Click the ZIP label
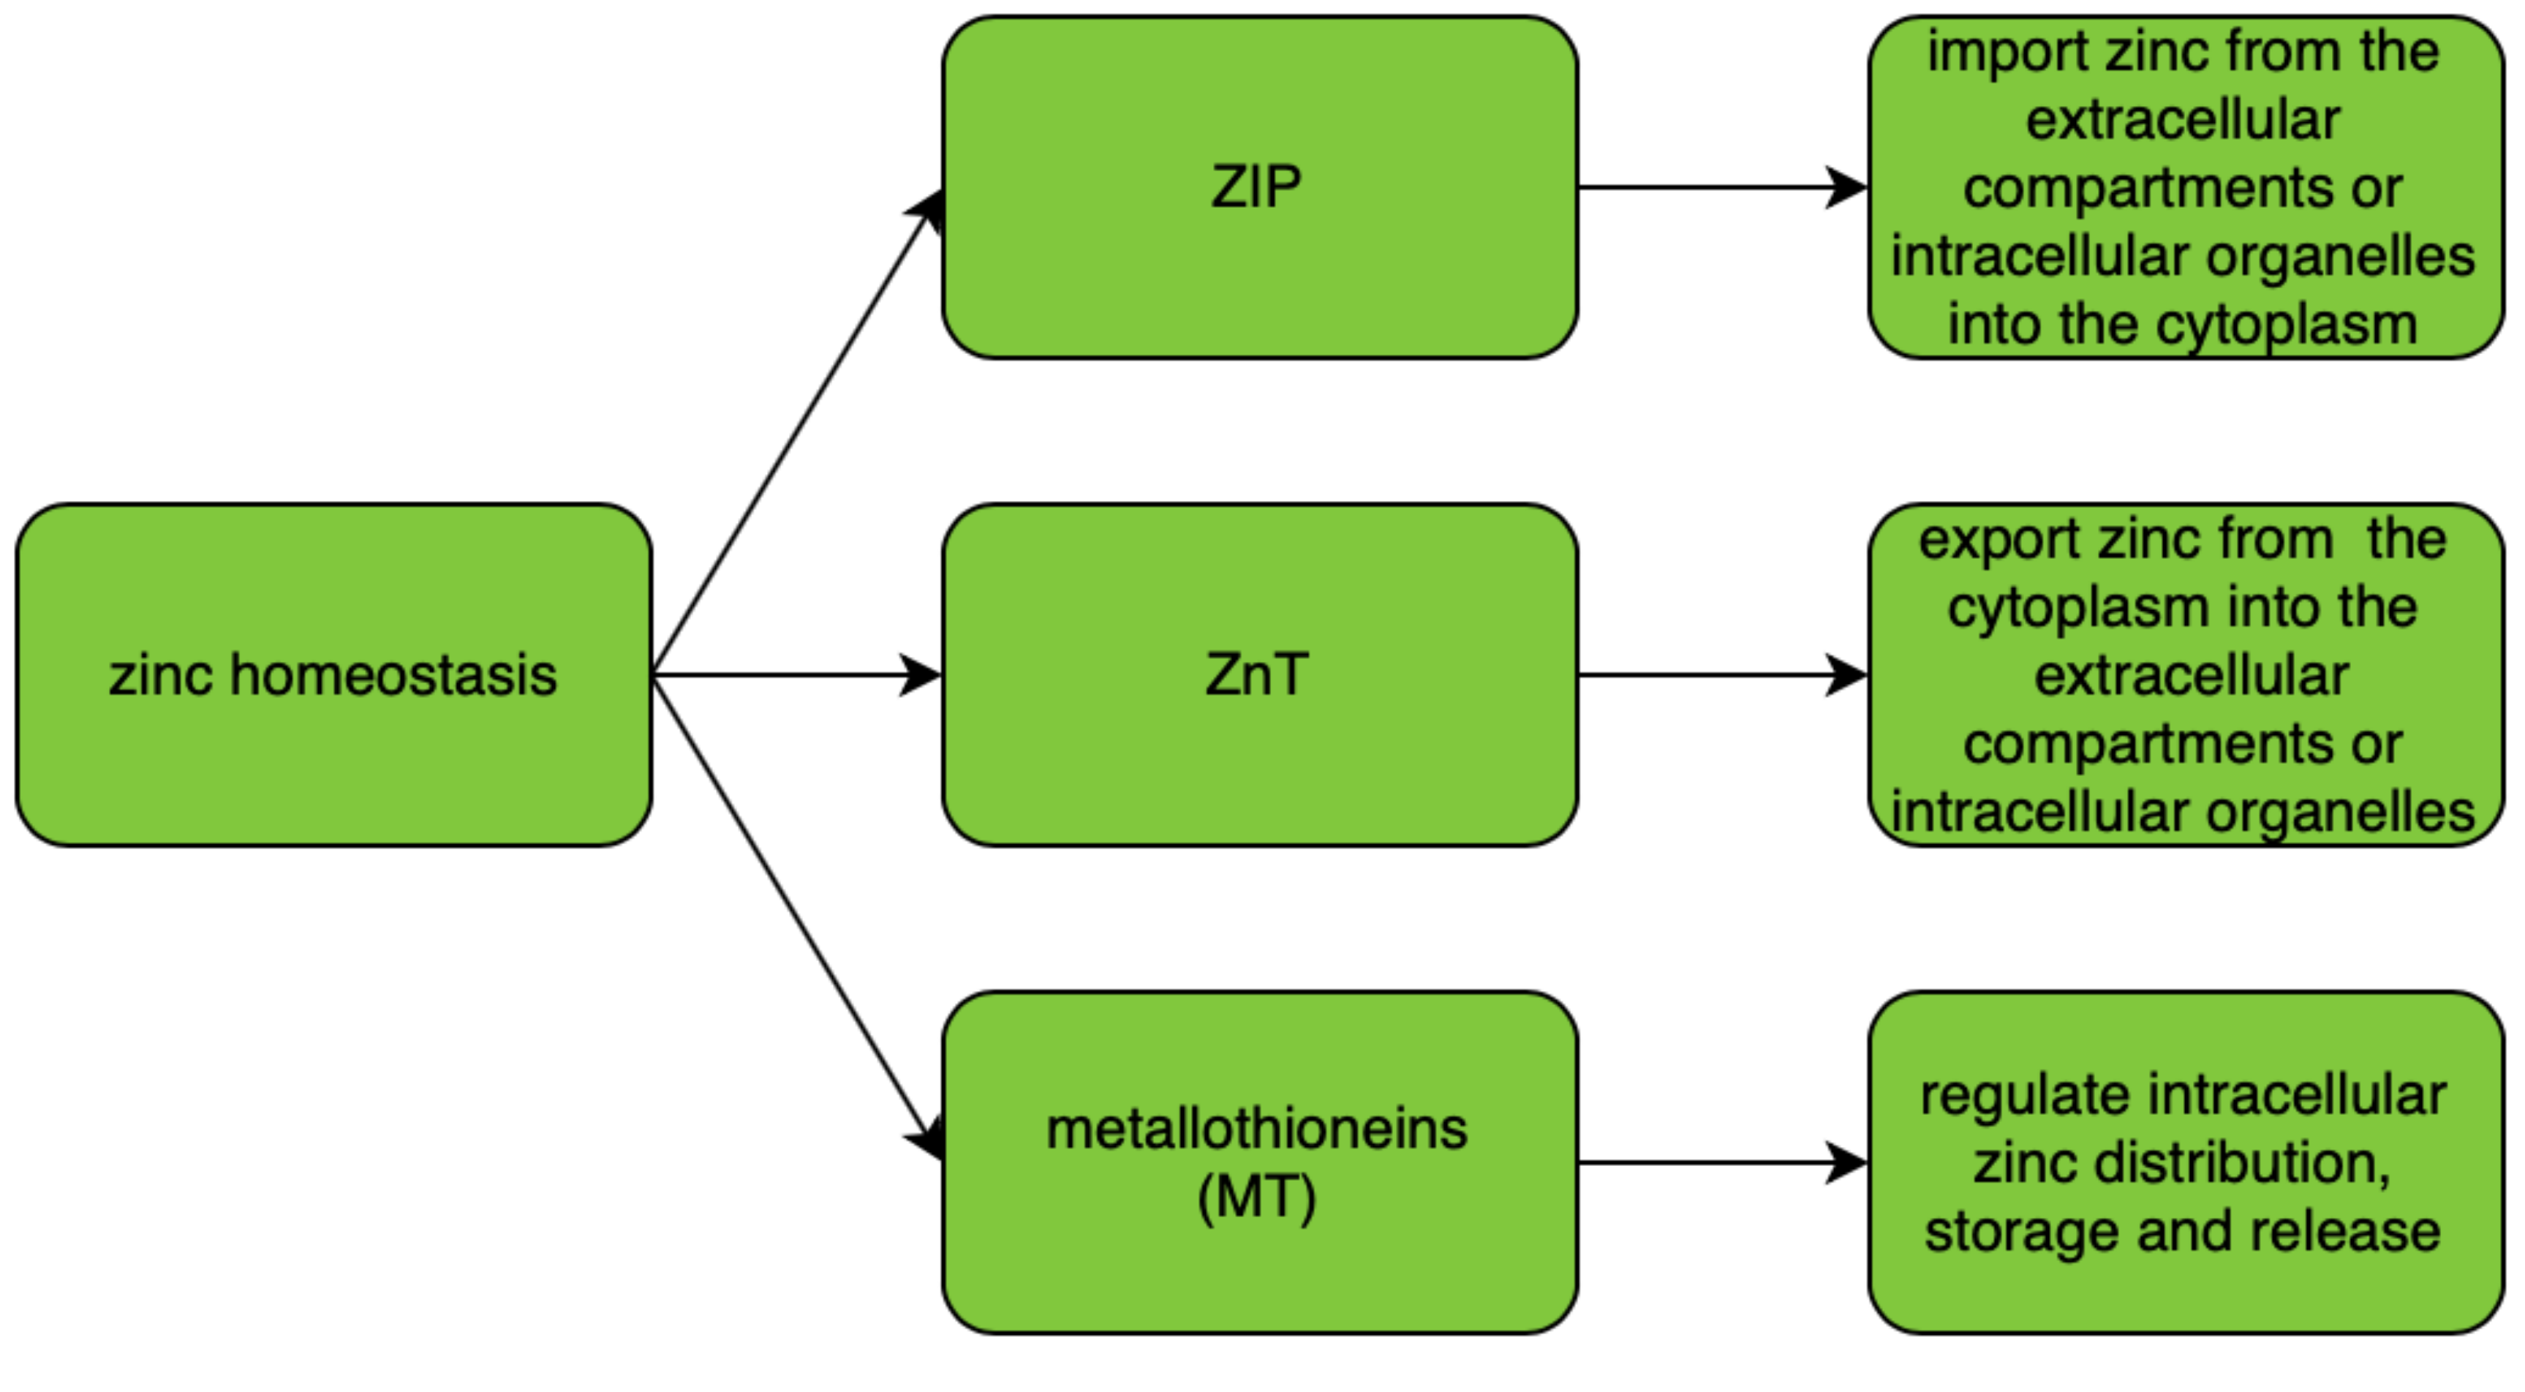point(1256,187)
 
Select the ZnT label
point(1256,674)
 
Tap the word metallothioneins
point(1256,1129)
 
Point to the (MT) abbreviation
point(1256,1197)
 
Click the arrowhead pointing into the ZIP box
point(926,208)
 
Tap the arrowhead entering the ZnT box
point(921,674)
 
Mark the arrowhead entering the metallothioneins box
point(926,1139)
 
